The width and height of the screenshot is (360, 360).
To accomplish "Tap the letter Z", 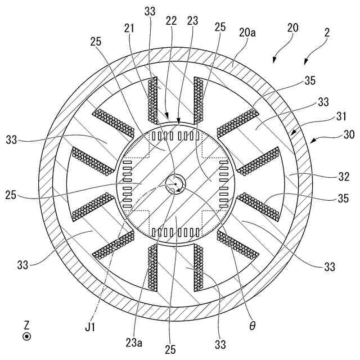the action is coord(26,325).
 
